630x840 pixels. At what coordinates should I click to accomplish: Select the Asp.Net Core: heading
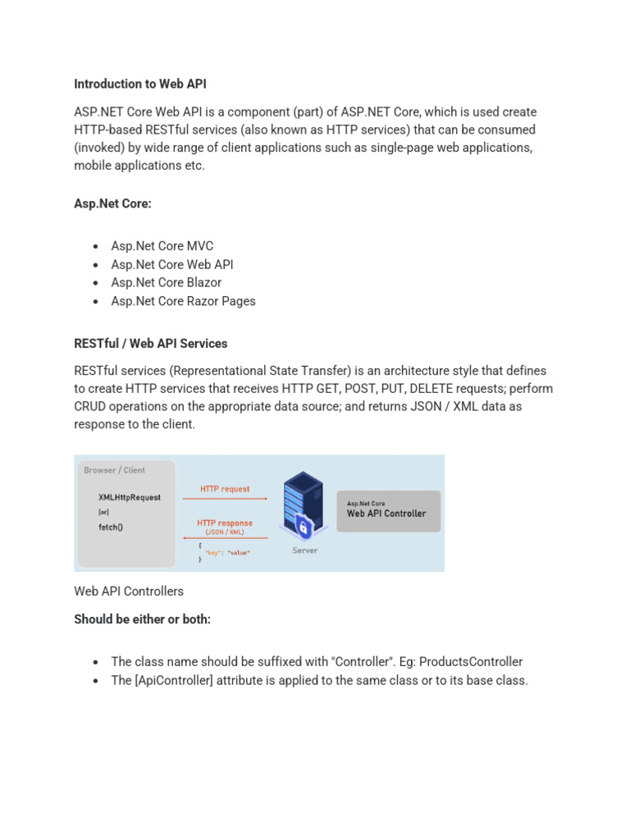click(112, 203)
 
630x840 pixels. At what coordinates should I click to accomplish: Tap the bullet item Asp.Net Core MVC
click(162, 246)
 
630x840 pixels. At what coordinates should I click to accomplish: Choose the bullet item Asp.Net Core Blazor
click(167, 282)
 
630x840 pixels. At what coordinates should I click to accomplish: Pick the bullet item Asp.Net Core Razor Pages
click(184, 301)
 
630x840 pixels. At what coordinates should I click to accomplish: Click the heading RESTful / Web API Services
click(151, 343)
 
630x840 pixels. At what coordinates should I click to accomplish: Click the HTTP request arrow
click(235, 498)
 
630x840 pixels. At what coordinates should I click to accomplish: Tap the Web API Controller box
click(388, 511)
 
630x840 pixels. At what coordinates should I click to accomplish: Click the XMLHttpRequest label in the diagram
click(130, 497)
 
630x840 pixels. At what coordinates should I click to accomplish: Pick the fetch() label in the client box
click(111, 527)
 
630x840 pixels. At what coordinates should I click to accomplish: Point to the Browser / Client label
click(115, 470)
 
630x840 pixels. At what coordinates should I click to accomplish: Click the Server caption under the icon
click(305, 550)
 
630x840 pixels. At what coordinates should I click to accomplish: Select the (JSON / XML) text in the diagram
click(225, 532)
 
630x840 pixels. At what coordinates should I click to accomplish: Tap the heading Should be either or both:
click(143, 619)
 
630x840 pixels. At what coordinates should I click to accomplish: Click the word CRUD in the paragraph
click(93, 407)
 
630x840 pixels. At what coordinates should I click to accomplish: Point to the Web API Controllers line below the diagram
click(129, 591)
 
